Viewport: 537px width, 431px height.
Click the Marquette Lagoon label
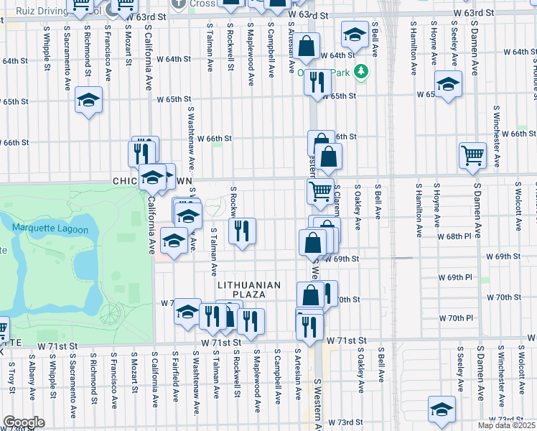pyautogui.click(x=50, y=230)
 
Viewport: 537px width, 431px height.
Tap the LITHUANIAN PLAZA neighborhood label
pyautogui.click(x=249, y=291)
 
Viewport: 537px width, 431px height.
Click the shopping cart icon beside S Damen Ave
pyautogui.click(x=472, y=154)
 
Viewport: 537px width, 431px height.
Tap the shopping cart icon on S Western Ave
pyautogui.click(x=319, y=190)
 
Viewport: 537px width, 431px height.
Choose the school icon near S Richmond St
pyautogui.click(x=89, y=99)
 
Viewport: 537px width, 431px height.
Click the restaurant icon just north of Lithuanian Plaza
pyautogui.click(x=242, y=231)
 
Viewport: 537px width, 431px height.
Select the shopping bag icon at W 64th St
pyautogui.click(x=306, y=47)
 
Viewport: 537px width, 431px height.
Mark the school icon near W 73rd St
pyautogui.click(x=442, y=408)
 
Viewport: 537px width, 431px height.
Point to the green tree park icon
pyautogui.click(x=363, y=71)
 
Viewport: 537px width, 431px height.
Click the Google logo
pyautogui.click(x=24, y=422)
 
